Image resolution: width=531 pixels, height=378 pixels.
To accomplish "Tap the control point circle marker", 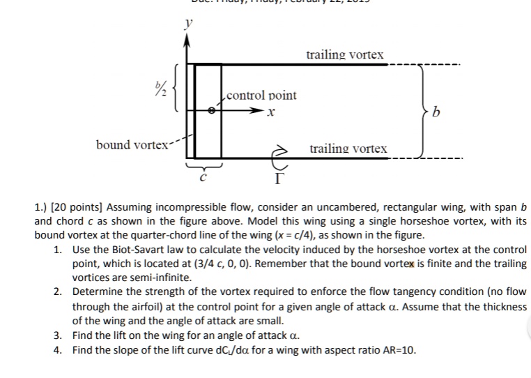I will click(x=211, y=109).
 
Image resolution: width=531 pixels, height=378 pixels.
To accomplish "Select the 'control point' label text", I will click(x=261, y=95).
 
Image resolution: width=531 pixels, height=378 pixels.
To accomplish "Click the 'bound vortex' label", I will click(x=132, y=144).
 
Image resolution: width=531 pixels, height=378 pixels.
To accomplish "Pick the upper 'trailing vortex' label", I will click(x=345, y=54).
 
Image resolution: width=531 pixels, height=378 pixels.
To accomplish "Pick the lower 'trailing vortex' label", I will click(x=348, y=149).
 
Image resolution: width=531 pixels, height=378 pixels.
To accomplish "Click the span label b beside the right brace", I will click(x=437, y=112).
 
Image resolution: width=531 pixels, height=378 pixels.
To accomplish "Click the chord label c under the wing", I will click(x=203, y=178).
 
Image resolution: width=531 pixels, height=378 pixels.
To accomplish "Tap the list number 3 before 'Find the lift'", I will click(x=57, y=335).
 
